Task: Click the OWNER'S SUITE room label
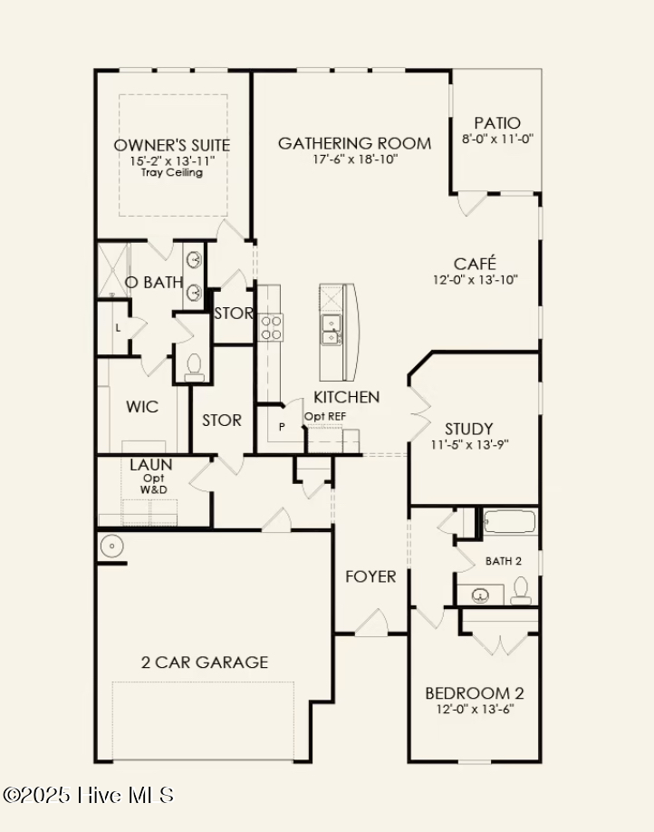(172, 145)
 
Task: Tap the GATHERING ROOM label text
(354, 143)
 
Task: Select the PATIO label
(497, 123)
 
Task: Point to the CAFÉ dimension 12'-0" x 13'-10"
(476, 280)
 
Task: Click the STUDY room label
(468, 429)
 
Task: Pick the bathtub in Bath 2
(510, 524)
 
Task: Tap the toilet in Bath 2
(521, 592)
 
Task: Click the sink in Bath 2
(480, 595)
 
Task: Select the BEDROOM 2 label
(475, 693)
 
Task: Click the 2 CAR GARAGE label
(204, 663)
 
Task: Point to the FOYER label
(370, 576)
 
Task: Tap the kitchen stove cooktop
(272, 327)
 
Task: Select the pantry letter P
(281, 427)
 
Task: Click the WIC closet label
(142, 407)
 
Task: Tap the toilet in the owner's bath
(193, 365)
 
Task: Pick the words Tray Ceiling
(172, 172)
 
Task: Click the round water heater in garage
(111, 547)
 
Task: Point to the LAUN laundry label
(150, 465)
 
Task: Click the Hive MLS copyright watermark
(88, 796)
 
